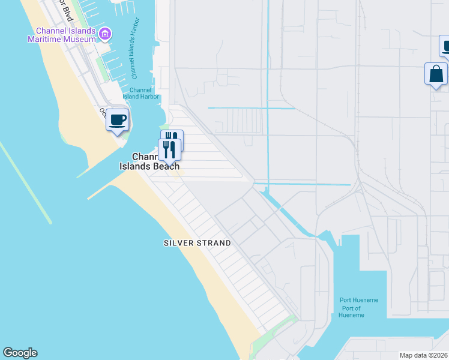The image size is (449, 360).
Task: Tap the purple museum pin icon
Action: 105,34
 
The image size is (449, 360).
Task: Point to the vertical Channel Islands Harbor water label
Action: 134,53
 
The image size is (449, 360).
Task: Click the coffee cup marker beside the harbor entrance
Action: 118,120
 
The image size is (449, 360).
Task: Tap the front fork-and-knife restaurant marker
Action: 169,149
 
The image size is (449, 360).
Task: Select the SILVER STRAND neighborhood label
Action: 197,243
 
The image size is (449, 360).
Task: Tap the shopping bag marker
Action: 436,75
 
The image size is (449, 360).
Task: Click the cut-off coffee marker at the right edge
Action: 445,46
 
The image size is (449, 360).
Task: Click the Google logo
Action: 20,353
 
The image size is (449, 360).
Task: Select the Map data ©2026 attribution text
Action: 424,355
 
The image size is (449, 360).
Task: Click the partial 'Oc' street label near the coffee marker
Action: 102,112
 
